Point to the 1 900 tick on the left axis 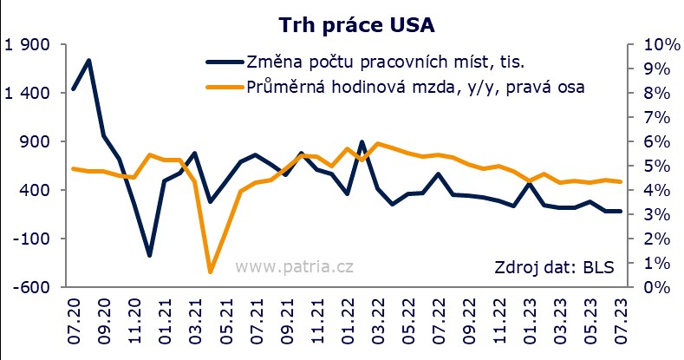(29, 45)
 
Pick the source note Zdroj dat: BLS (553, 266)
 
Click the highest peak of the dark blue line (88, 61)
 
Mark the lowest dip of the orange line (210, 272)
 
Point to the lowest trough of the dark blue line (149, 255)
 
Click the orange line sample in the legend (223, 87)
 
